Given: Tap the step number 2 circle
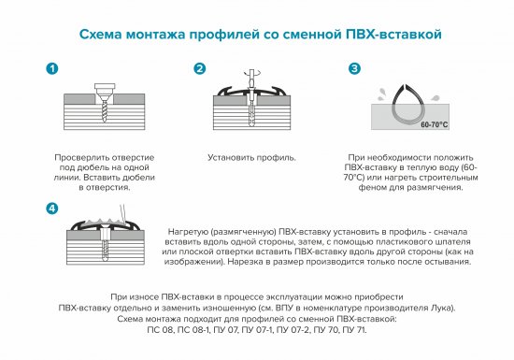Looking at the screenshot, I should click(199, 70).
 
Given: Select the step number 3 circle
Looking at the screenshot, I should click(354, 69).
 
